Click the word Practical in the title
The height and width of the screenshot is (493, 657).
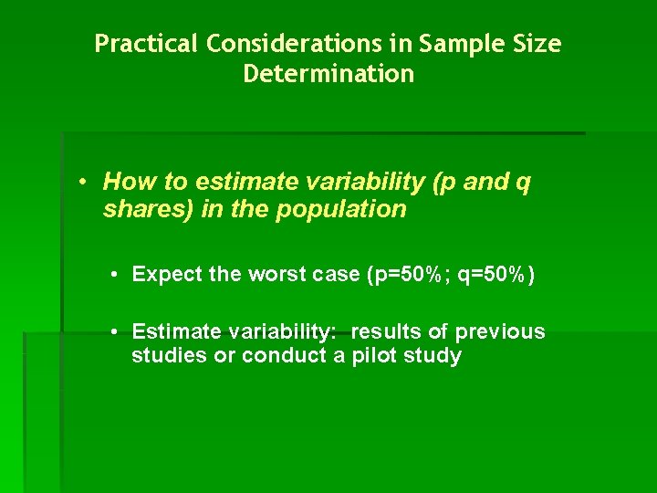click(x=147, y=44)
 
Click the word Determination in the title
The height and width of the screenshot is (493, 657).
click(x=328, y=74)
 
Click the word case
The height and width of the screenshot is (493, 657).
click(x=331, y=274)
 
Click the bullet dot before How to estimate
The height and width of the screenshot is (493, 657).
click(x=82, y=182)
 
